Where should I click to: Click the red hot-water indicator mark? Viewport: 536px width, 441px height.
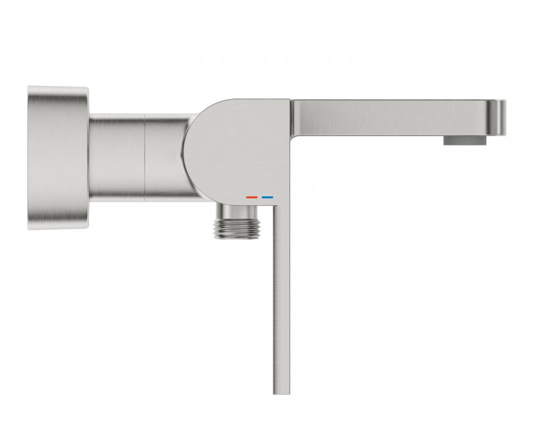click(252, 198)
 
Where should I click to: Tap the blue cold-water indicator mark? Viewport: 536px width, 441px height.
click(268, 198)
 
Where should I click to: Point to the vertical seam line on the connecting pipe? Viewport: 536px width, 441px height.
click(145, 157)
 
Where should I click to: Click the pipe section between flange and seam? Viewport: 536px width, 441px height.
click(117, 157)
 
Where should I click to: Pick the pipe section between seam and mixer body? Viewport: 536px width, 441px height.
click(164, 157)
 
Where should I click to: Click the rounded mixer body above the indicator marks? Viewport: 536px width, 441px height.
click(241, 147)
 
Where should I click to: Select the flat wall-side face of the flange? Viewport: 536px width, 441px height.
click(30, 157)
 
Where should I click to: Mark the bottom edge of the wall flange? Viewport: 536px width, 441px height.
click(58, 228)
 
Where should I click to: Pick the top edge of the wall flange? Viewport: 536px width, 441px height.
click(58, 87)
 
